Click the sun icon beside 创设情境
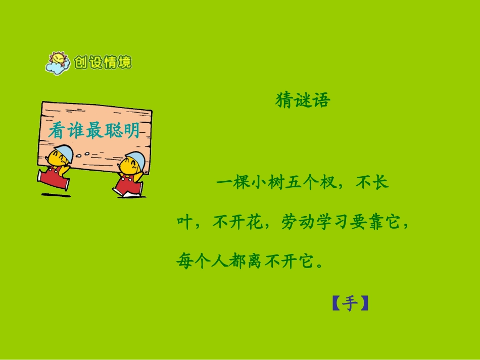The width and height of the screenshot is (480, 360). pyautogui.click(x=58, y=63)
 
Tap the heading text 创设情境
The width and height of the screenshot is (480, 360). pyautogui.click(x=103, y=63)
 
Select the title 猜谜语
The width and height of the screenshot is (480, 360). pyautogui.click(x=303, y=100)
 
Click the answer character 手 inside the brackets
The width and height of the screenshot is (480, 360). pyautogui.click(x=350, y=303)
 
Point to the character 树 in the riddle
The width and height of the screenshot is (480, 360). pyautogui.click(x=269, y=182)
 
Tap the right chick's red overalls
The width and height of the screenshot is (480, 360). pyautogui.click(x=126, y=184)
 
